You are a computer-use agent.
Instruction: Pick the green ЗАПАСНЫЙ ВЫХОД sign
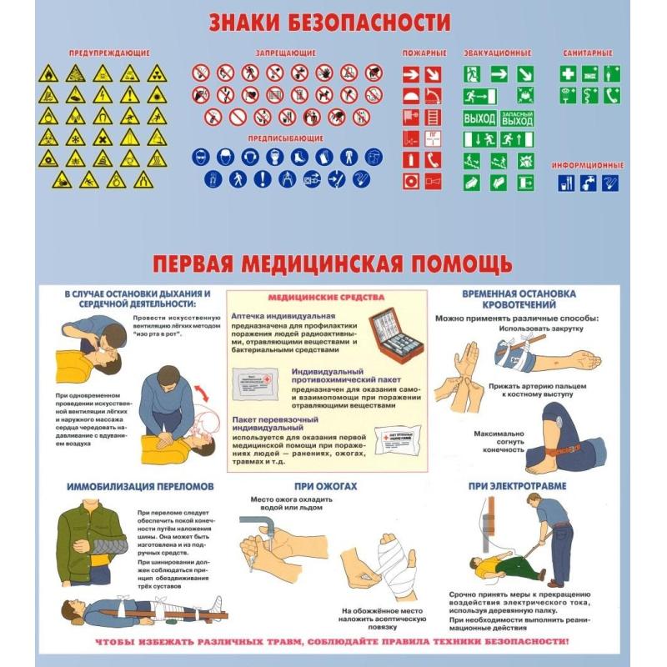(517, 118)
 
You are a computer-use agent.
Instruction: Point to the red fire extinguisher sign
(411, 158)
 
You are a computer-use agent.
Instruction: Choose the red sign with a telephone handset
(433, 158)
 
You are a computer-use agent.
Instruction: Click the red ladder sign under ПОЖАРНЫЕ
(433, 116)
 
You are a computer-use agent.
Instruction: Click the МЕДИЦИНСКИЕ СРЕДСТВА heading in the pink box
(325, 298)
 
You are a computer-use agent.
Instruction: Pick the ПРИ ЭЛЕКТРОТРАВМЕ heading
(516, 484)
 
